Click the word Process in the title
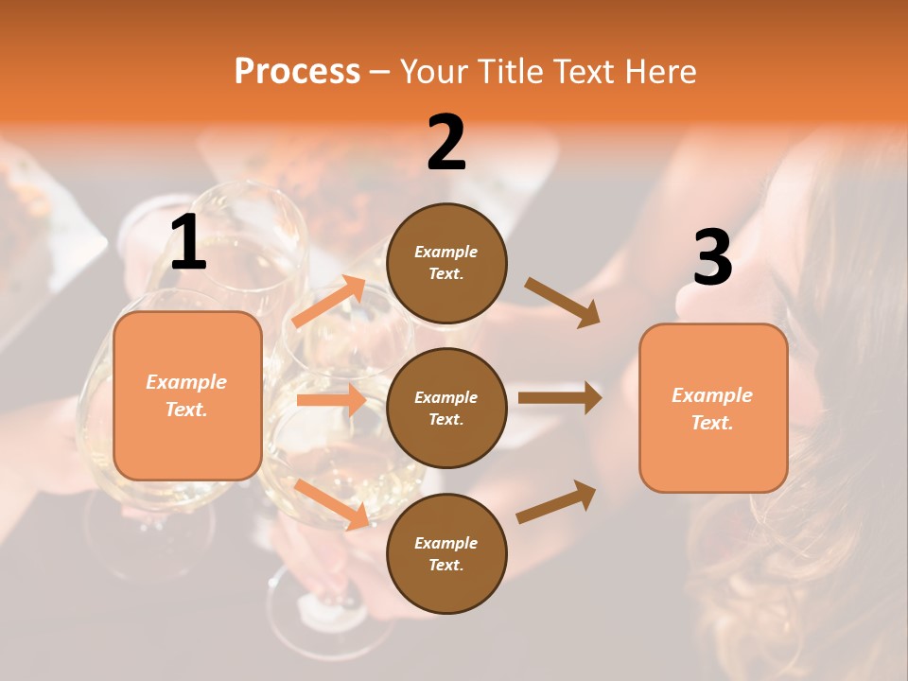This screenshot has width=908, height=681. (x=297, y=72)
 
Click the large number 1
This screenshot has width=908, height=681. (x=188, y=243)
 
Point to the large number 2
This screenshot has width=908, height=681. (x=446, y=143)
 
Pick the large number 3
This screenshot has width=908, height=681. (x=712, y=257)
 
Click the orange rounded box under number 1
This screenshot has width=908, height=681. (x=187, y=395)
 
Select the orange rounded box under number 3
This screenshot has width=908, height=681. (x=713, y=408)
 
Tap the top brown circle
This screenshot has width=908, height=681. (x=446, y=263)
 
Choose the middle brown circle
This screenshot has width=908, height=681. (x=446, y=408)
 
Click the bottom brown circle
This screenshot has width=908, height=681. (x=446, y=553)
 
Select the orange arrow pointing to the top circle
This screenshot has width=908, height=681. (x=329, y=301)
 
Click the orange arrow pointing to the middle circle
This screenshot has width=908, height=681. (x=331, y=400)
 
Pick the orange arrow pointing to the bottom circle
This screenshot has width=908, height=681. (x=332, y=503)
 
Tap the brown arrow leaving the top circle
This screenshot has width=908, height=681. (x=563, y=303)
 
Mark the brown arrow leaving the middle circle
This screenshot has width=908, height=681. (x=560, y=398)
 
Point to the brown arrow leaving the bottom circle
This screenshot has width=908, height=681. (x=556, y=501)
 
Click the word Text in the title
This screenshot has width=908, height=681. (x=582, y=72)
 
